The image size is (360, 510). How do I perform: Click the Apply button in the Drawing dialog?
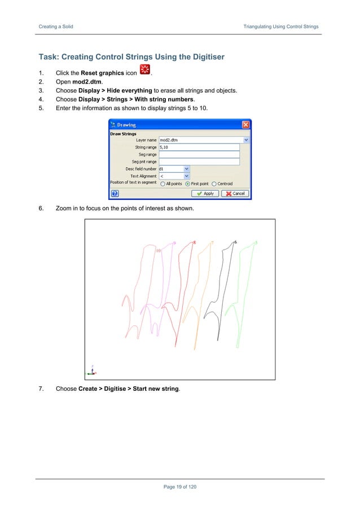[205, 193]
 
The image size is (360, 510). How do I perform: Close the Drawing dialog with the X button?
[245, 124]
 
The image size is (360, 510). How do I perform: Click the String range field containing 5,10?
[200, 147]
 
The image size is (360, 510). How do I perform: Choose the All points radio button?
[163, 184]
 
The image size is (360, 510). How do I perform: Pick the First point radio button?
[188, 184]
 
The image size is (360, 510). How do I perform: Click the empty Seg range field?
[200, 154]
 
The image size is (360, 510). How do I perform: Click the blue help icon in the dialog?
[114, 193]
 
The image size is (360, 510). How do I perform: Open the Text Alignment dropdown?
[187, 176]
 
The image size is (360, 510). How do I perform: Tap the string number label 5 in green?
[256, 243]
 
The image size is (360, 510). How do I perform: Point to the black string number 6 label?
[235, 242]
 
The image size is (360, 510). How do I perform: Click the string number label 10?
[159, 250]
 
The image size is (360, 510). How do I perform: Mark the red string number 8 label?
[195, 242]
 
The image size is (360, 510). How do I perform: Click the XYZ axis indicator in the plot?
[90, 371]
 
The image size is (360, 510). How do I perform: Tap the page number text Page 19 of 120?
[179, 487]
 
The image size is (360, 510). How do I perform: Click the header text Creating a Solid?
[55, 27]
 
